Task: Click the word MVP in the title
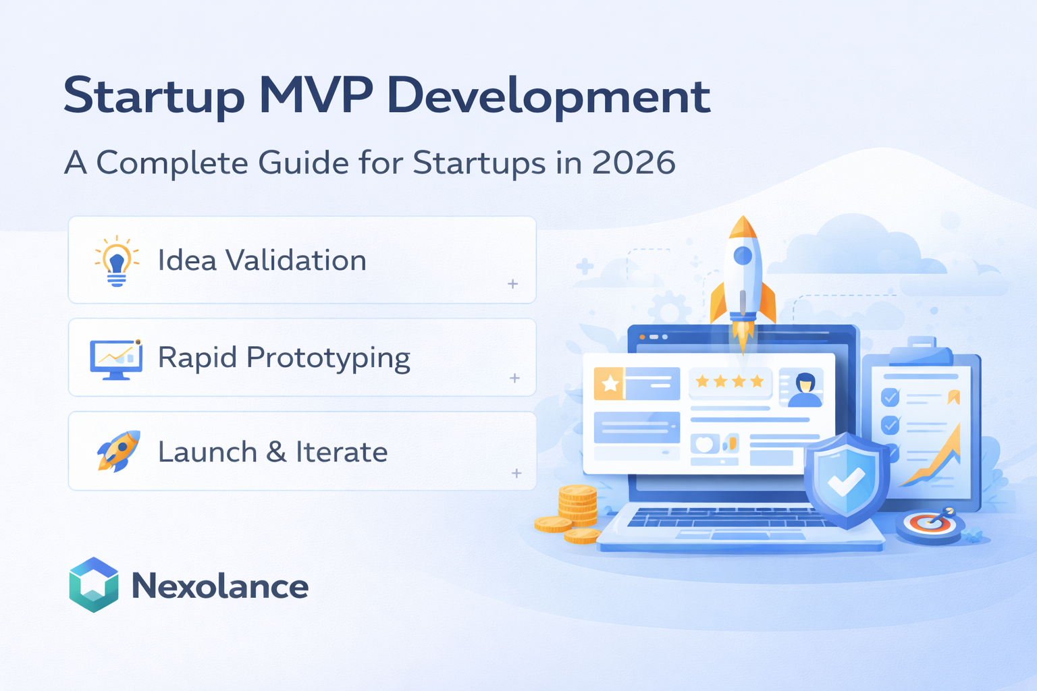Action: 315,96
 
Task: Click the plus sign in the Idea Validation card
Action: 513,284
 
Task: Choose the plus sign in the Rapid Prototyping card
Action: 514,378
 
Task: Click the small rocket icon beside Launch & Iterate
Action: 118,451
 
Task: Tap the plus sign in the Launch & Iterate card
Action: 516,473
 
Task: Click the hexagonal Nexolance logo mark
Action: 94,585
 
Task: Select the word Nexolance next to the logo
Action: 220,586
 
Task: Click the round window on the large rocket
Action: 743,256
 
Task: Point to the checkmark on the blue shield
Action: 846,480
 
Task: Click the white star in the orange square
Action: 610,384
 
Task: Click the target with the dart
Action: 931,523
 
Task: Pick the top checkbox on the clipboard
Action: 890,397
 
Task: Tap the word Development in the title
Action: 548,96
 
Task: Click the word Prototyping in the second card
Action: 328,358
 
